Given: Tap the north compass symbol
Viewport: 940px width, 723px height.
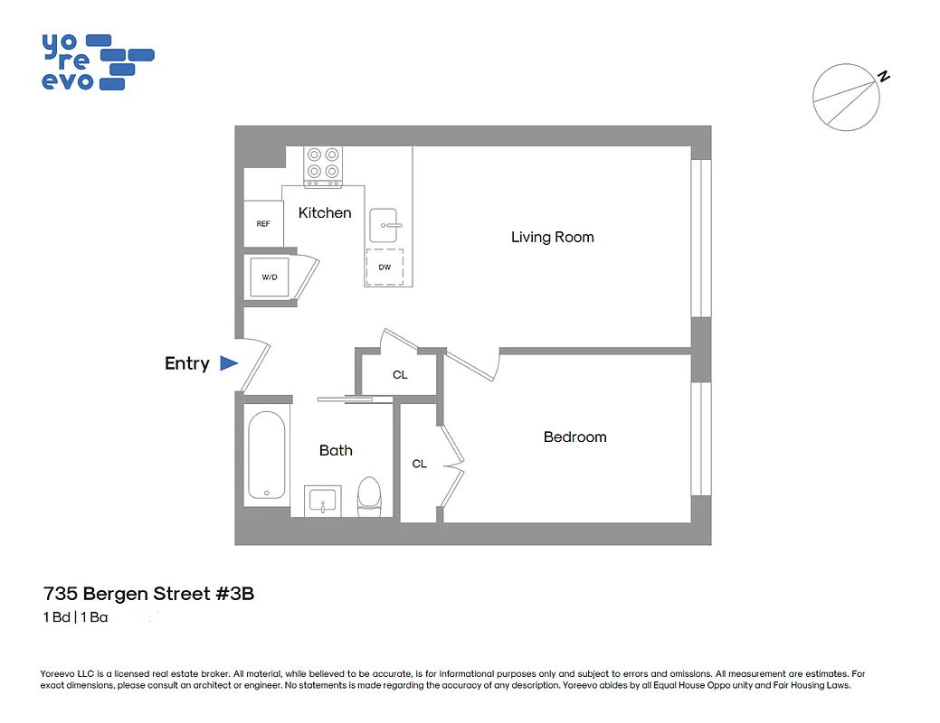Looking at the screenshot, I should (x=847, y=98).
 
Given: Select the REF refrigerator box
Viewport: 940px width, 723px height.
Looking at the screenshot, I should (x=263, y=223).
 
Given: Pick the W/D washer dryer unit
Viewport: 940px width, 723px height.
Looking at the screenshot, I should (x=270, y=277).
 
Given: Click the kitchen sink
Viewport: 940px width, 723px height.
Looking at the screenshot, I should (x=388, y=224).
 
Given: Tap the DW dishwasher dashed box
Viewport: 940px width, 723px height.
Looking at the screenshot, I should (x=385, y=267).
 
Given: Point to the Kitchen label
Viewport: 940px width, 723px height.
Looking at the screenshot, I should (x=325, y=212).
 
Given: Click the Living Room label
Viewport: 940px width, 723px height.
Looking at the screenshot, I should (x=552, y=237).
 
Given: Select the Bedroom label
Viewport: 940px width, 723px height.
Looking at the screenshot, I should (x=574, y=437).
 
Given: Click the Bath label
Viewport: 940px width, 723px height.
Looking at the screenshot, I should (x=336, y=450).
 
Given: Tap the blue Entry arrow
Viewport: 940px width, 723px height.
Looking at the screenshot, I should (x=229, y=363).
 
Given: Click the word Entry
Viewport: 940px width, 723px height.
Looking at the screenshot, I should (x=186, y=363).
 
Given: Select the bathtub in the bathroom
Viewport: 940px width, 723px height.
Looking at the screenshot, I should (x=267, y=455).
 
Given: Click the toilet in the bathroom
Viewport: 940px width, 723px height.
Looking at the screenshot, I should (x=369, y=496).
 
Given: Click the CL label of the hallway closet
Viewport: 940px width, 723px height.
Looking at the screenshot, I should (x=400, y=374).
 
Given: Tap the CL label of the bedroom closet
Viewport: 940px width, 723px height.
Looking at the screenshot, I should (x=419, y=464).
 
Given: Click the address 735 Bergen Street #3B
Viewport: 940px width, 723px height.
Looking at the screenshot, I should (x=148, y=594).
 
